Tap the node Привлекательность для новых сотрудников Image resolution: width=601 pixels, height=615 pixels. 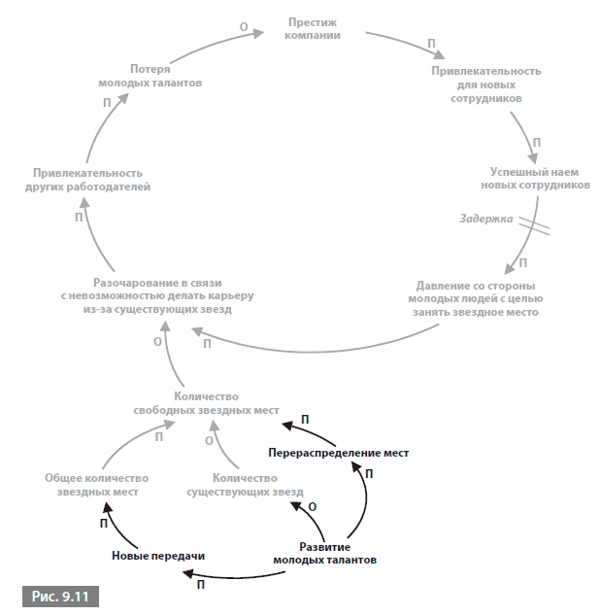(x=485, y=85)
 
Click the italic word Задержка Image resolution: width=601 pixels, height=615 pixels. (x=485, y=219)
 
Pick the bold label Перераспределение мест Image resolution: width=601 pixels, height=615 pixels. (x=339, y=453)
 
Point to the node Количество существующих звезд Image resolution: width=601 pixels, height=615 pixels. (x=244, y=485)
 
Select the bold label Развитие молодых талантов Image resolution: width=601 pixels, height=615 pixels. (x=324, y=553)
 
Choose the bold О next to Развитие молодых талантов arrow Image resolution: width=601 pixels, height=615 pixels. (x=312, y=506)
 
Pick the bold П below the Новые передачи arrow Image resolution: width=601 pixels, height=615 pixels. (x=201, y=586)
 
